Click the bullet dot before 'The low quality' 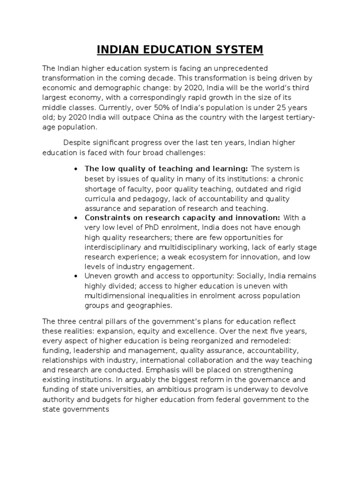75,169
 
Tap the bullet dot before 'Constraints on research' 75,218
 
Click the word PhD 143,227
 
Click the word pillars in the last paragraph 116,321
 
